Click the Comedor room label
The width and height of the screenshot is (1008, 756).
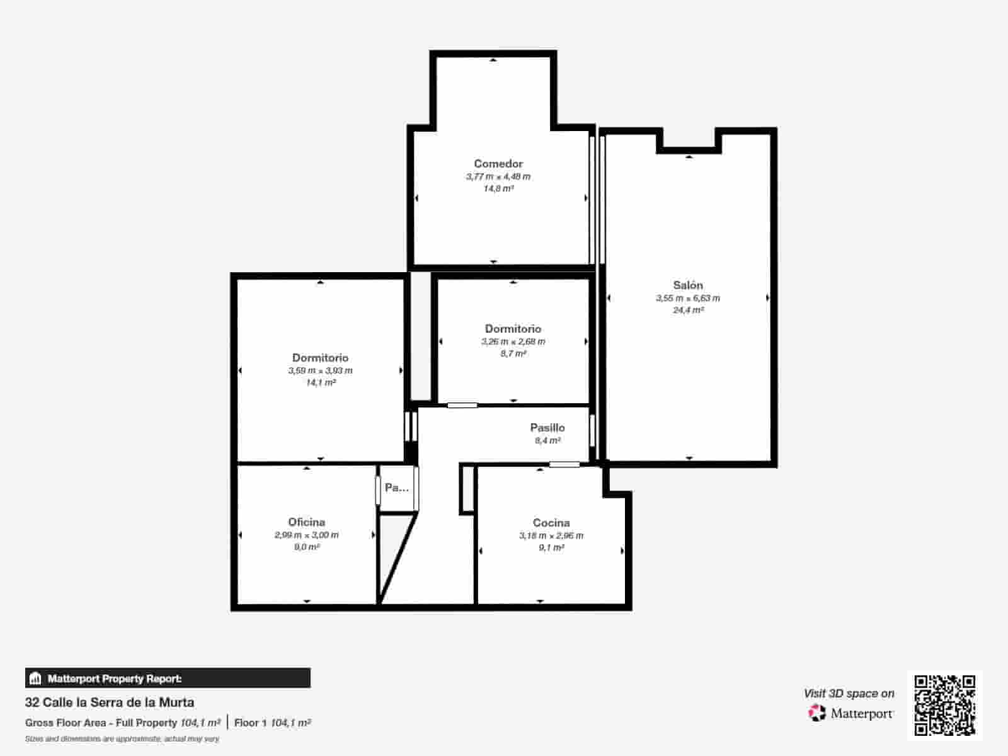(498, 164)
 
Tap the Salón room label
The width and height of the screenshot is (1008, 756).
(688, 285)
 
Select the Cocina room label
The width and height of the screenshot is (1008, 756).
(551, 523)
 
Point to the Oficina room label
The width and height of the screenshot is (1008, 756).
(307, 522)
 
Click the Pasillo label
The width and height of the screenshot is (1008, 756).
(547, 428)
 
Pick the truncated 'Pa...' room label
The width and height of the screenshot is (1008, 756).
(397, 488)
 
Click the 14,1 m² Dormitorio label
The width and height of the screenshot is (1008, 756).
(320, 358)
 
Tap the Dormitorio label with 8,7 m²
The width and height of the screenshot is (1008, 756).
(513, 329)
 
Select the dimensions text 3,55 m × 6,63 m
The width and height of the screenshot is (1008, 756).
(688, 299)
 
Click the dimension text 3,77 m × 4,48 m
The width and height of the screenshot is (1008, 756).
(498, 177)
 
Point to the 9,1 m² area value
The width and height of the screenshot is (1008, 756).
(551, 548)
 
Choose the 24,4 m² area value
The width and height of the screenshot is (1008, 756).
(688, 311)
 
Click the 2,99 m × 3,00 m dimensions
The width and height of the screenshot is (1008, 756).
(307, 535)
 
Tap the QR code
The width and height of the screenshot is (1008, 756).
(944, 705)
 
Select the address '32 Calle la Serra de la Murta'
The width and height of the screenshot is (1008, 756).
(110, 702)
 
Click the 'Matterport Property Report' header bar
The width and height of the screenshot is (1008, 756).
(168, 679)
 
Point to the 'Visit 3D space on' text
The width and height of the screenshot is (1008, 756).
(849, 694)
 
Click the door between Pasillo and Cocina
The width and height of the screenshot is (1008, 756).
(564, 465)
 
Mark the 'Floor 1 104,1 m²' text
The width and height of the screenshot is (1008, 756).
(272, 723)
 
